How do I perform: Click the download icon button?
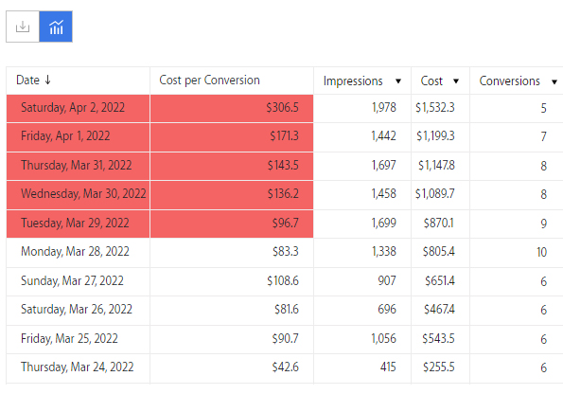point(23,27)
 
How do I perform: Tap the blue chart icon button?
point(56,27)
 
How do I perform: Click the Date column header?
point(28,81)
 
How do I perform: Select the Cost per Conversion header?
point(209,81)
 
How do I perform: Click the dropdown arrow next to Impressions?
point(397,81)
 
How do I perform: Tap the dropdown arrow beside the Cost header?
point(456,81)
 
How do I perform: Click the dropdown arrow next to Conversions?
point(554,82)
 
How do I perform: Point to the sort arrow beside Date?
point(47,80)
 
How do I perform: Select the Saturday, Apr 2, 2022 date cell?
point(73,107)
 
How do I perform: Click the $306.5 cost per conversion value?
point(282,107)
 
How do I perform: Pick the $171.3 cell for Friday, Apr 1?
point(284,135)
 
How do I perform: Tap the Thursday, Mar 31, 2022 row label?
point(77,166)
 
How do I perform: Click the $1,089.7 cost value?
point(435,194)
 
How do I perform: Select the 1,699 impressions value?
point(383,223)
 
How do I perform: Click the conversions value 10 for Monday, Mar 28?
point(541,252)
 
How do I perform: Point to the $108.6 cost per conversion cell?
point(283,280)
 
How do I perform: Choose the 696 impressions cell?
point(387,309)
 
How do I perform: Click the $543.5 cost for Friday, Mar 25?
point(438,338)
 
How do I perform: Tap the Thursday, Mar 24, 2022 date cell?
point(78,367)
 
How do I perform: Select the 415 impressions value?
point(388,367)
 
